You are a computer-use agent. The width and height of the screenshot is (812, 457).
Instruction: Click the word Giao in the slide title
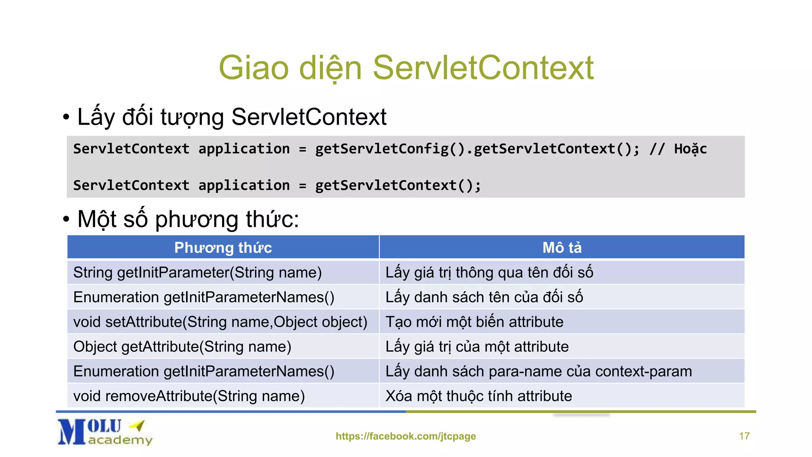[x=254, y=68]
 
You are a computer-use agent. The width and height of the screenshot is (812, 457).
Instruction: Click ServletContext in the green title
[x=483, y=68]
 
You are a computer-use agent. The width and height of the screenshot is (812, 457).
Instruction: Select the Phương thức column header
[x=223, y=248]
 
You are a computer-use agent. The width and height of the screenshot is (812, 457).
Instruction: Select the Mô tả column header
[x=562, y=248]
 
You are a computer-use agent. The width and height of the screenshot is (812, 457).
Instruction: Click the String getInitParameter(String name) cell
[x=197, y=273]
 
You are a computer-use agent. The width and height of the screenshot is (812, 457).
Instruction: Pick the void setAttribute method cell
[x=220, y=322]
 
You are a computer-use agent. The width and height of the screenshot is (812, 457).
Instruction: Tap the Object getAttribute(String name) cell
[x=182, y=347]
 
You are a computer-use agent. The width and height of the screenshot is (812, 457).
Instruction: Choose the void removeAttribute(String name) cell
[x=189, y=396]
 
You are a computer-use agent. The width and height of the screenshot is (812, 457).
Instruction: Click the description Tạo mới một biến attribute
[x=474, y=322]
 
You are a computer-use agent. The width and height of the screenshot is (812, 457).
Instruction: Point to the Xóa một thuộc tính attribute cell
[x=479, y=396]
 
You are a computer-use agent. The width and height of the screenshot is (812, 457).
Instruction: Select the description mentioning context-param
[x=538, y=371]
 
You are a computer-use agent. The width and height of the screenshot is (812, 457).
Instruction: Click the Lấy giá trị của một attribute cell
[x=477, y=347]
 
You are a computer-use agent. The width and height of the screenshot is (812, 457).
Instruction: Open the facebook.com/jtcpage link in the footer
[x=406, y=436]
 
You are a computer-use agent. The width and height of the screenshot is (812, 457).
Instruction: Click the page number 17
[x=744, y=436]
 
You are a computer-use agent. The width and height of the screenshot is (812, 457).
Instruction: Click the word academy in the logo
[x=120, y=440]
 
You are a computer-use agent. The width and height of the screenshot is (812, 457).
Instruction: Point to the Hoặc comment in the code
[x=690, y=149]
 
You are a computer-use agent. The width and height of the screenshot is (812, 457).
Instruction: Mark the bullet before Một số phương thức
[x=66, y=219]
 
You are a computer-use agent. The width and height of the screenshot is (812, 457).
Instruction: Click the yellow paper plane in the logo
[x=138, y=425]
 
